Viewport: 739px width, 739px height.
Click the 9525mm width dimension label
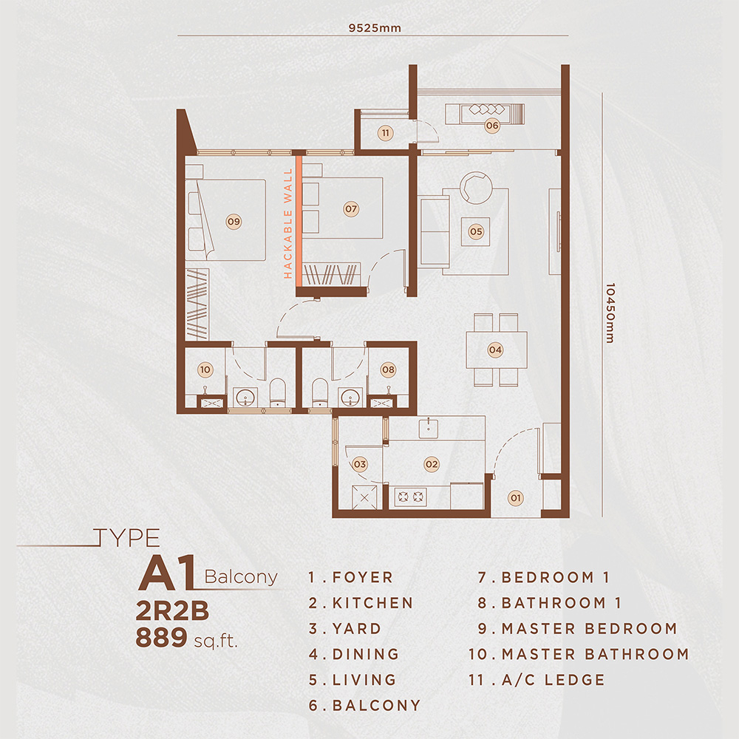tap(375, 28)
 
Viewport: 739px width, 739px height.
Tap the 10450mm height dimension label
tap(610, 313)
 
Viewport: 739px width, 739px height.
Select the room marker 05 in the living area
tap(476, 231)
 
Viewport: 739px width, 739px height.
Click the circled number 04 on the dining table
tap(495, 350)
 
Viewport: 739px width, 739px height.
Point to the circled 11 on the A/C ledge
tap(386, 133)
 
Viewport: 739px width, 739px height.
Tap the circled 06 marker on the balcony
tap(492, 126)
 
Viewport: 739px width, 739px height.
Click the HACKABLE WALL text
tap(288, 224)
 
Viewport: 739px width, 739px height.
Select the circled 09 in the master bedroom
tap(234, 222)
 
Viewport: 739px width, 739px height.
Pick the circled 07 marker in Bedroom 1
tap(351, 209)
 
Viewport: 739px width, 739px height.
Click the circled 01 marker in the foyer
tap(516, 498)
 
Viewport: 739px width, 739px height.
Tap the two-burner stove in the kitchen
tap(410, 497)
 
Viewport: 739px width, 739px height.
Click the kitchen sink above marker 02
tap(428, 429)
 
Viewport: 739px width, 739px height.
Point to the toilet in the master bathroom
tap(278, 392)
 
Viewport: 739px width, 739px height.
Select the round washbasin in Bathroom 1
tap(350, 398)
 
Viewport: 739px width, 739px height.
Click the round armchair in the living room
tap(476, 188)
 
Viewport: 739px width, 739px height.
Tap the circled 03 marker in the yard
tap(360, 464)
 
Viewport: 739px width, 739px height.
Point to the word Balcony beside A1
tap(241, 577)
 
